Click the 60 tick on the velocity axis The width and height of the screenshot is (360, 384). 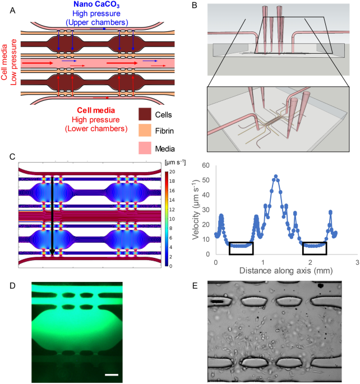[206, 166]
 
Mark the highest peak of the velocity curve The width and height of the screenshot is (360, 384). [275, 176]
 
